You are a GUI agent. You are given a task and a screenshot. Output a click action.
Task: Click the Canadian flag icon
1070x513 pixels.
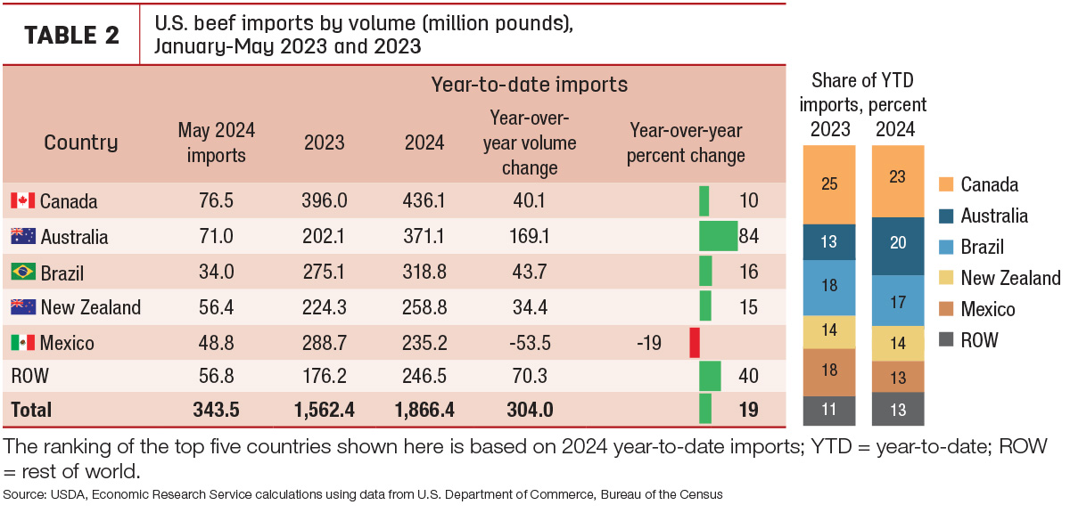23,200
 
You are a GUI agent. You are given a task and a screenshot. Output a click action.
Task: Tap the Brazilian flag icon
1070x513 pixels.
23,272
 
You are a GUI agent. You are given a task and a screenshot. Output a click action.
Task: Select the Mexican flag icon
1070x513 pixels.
23,343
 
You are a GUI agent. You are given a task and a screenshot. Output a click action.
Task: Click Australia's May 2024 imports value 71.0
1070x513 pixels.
217,236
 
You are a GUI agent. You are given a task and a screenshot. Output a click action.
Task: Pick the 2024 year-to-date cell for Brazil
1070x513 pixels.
424,272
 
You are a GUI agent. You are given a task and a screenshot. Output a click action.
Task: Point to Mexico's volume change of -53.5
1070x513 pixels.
530,343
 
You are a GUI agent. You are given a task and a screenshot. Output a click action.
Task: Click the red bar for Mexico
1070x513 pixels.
695,343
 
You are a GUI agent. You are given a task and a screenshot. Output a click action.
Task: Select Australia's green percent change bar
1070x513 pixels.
719,236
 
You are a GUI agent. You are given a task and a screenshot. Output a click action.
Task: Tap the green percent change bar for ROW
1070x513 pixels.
710,376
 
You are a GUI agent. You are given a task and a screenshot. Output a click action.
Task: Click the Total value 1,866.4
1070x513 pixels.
424,410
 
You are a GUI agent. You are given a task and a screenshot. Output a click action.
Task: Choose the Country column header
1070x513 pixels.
81,142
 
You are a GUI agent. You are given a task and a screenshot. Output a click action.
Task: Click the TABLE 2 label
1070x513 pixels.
71,35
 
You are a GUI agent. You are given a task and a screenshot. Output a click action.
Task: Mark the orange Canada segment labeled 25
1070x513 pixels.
829,184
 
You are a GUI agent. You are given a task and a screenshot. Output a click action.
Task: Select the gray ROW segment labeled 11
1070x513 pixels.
829,411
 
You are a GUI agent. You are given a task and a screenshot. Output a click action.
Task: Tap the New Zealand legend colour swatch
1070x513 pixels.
946,278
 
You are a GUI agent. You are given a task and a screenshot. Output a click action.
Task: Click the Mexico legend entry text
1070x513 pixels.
988,309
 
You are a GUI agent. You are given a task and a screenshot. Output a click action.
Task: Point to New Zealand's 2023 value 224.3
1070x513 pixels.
324,307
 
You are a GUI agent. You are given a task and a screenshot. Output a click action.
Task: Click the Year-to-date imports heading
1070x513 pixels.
530,85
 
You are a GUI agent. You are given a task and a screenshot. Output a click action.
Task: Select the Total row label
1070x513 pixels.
31,410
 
